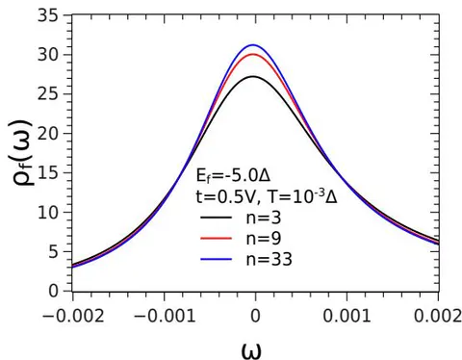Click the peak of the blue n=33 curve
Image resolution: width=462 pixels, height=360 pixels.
253,45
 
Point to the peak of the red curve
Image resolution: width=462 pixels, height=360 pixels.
253,54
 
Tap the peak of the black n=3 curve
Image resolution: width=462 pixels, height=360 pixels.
253,76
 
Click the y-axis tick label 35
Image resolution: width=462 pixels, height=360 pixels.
48,15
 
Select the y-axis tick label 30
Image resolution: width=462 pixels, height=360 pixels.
48,55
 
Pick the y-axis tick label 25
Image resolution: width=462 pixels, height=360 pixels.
48,94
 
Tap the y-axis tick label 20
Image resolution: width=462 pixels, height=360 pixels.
48,134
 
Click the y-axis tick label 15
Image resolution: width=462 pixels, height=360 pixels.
48,173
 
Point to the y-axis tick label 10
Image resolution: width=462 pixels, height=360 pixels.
48,212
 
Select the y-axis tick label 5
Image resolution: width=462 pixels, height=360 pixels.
54,252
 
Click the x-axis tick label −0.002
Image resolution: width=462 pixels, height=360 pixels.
73,317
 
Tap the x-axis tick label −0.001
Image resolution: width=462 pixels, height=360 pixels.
165,317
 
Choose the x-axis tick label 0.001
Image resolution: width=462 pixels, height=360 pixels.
346,317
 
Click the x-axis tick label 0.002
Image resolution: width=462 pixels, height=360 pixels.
438,317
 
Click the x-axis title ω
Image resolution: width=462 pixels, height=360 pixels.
251,350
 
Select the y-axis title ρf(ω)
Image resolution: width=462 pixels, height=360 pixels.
23,152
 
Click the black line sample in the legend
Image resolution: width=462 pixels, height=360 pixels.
216,218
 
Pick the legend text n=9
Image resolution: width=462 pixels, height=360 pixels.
264,238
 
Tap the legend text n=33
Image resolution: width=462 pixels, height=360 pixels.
269,259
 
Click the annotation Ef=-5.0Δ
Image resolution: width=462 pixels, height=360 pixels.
233,176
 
